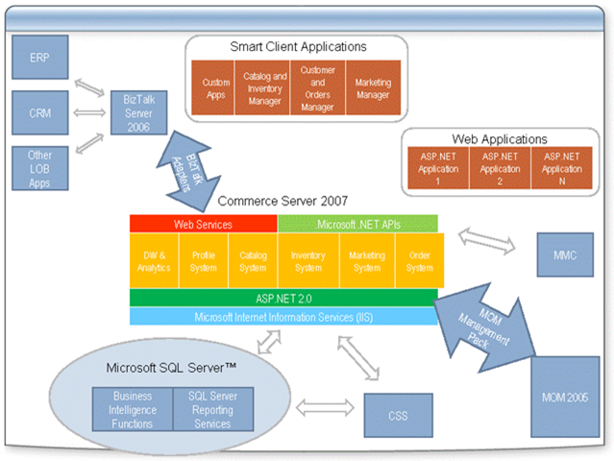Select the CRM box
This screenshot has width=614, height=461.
(41, 113)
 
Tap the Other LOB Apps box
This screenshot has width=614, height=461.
(41, 168)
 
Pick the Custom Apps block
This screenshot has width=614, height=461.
(216, 89)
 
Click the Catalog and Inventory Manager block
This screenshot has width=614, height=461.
(264, 89)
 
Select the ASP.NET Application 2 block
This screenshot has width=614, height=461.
(499, 167)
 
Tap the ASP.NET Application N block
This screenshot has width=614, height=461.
(562, 167)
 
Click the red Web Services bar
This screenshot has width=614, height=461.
(204, 224)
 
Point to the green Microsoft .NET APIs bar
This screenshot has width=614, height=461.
(357, 224)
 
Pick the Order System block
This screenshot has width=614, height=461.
(418, 261)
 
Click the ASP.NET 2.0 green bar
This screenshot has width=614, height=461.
(283, 298)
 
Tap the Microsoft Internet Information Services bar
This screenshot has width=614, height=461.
(283, 316)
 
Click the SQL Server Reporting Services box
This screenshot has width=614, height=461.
(209, 409)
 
